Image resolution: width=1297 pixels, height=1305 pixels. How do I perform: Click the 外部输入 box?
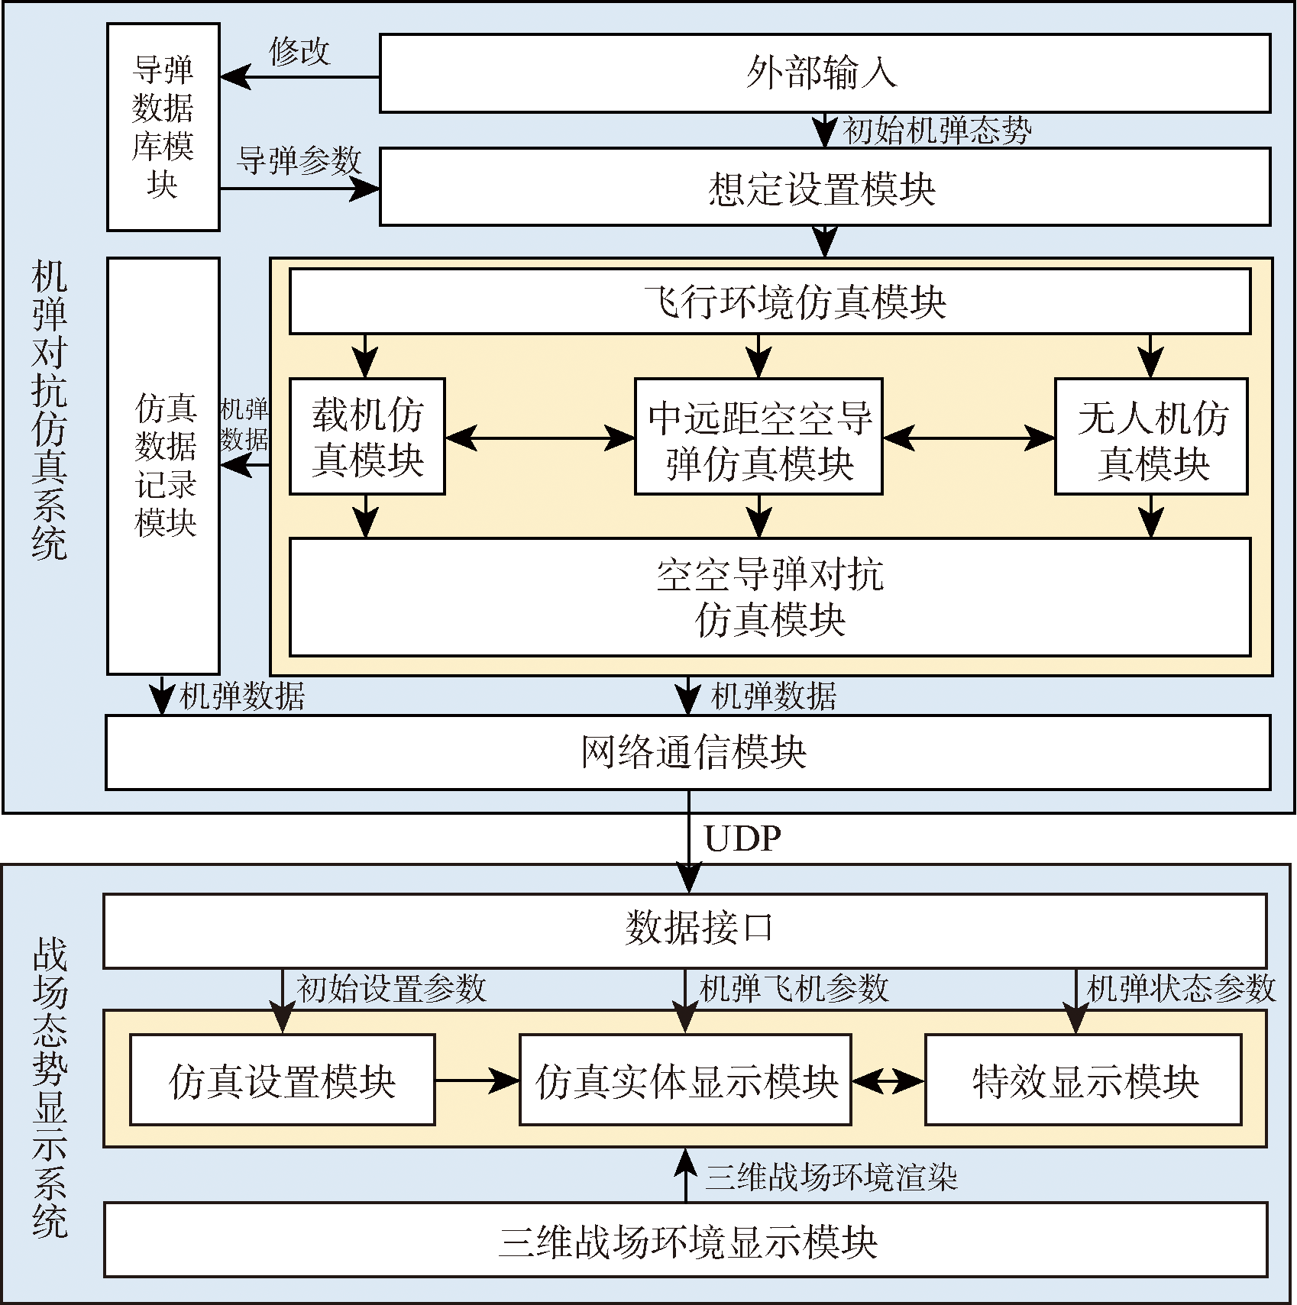[x=824, y=73]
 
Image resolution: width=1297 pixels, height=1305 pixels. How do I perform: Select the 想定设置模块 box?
[x=824, y=187]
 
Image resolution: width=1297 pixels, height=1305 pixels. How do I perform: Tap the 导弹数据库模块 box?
[x=163, y=127]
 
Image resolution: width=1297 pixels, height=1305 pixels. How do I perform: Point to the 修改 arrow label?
[x=299, y=52]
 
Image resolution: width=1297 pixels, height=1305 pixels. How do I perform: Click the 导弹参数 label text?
[x=299, y=161]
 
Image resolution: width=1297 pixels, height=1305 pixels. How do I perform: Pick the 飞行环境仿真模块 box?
[x=769, y=301]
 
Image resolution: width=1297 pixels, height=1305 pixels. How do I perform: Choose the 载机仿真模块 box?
[x=367, y=437]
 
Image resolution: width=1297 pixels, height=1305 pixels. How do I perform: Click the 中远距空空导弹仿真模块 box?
[x=758, y=437]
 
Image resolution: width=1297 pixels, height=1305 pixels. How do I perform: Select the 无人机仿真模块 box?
[x=1150, y=437]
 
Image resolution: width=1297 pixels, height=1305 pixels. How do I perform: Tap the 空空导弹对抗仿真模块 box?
[x=769, y=596]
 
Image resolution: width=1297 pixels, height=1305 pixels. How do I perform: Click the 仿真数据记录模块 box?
[x=163, y=466]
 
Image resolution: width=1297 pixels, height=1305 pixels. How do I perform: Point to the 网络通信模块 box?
[x=687, y=752]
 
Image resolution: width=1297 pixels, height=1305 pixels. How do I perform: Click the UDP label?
[x=742, y=839]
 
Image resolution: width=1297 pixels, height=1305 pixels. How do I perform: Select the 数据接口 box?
[x=684, y=930]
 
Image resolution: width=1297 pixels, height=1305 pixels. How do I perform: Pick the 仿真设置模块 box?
[x=282, y=1080]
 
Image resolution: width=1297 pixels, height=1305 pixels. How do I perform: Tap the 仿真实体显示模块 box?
[x=685, y=1080]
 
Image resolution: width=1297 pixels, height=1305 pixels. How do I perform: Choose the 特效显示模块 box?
[x=1083, y=1080]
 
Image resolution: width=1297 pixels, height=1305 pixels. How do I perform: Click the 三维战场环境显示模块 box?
[x=684, y=1240]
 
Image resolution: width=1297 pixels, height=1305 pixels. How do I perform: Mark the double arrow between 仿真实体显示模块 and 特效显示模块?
[x=888, y=1081]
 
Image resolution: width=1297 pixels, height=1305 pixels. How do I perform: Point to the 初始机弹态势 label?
[x=936, y=131]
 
